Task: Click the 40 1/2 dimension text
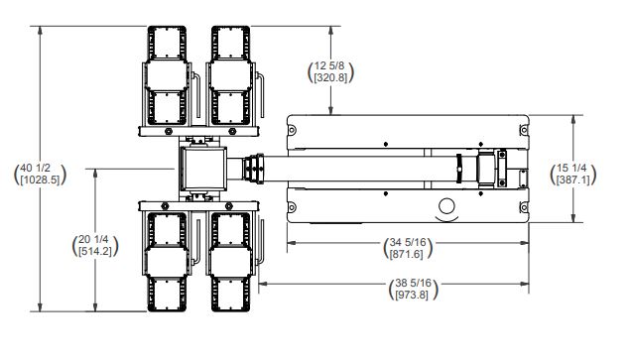coord(36,169)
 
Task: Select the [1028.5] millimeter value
coord(40,180)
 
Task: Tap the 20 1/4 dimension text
coord(93,239)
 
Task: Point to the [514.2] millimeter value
coord(95,251)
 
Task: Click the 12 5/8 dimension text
coord(329,65)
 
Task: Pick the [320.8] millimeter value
coord(330,77)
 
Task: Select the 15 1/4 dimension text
coord(571,169)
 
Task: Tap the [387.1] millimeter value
coord(573,180)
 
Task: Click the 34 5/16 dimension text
coord(407,242)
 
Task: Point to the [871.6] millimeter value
coord(407,254)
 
